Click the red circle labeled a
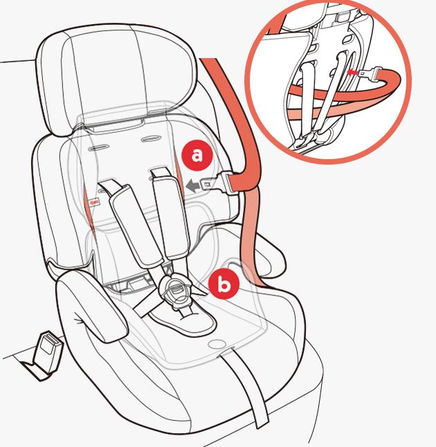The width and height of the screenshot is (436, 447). pos(197,156)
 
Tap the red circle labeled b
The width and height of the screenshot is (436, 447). pos(224,284)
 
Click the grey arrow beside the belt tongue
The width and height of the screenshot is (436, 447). pos(194,186)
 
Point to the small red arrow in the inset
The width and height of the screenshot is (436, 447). pos(352,72)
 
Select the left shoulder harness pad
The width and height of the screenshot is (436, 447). pos(134,225)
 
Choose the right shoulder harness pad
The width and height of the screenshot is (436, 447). pos(170,217)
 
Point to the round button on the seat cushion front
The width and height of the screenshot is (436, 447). pos(216,344)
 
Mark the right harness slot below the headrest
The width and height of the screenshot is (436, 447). pos(151,139)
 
